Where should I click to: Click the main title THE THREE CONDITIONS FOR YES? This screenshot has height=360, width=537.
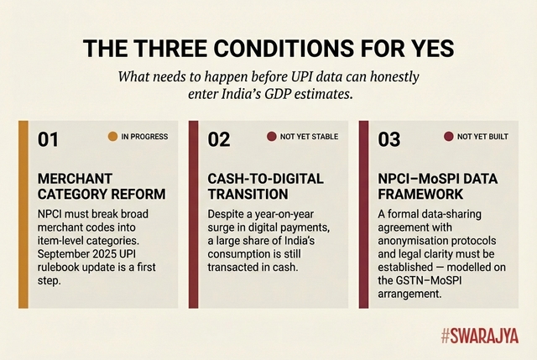coord(268,48)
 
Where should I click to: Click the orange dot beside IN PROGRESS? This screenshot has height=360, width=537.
coord(112,136)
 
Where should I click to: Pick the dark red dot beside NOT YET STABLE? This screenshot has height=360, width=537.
coord(271,136)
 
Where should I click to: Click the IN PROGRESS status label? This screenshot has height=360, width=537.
coord(144,136)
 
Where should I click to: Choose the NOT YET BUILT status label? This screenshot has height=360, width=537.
coord(482,136)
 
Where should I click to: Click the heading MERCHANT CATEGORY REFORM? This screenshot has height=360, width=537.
coord(102,186)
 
